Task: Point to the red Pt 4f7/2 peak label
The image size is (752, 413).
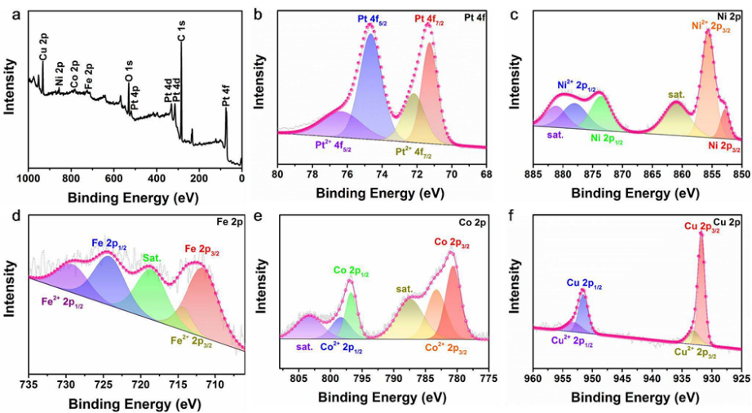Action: click(430, 18)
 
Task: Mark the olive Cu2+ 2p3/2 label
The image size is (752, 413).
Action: click(696, 353)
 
